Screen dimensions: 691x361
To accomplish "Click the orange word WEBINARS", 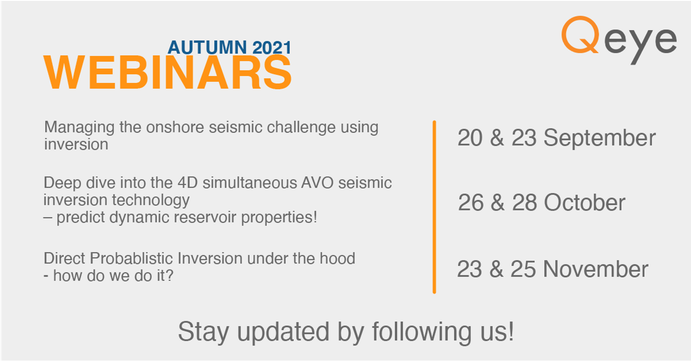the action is pos(167,73).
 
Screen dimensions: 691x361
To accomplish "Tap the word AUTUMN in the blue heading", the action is pos(207,47).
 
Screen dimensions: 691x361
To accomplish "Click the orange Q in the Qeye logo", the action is pos(580,35).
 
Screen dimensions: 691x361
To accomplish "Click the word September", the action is pos(599,138).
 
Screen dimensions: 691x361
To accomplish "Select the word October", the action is pos(584,203).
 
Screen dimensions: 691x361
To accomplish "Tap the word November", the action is pos(595,269).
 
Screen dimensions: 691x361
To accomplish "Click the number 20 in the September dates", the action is pos(470,138).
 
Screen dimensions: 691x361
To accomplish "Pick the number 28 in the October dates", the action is pos(524,203).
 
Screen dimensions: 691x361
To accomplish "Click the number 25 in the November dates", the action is pos(523,269).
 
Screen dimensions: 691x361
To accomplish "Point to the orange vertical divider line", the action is pos(435,207).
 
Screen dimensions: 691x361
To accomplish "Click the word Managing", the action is pos(79,127).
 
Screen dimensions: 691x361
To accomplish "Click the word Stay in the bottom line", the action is pos(203,332).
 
